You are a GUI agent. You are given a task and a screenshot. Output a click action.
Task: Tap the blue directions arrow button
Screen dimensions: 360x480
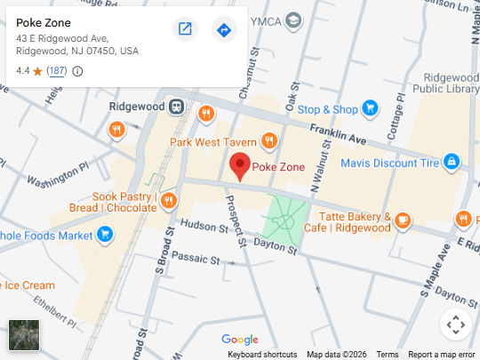click(x=224, y=29)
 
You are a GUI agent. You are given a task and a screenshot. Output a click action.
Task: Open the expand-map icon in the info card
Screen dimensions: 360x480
click(x=185, y=29)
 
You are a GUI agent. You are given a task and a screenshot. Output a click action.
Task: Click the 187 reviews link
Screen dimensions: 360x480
click(x=57, y=71)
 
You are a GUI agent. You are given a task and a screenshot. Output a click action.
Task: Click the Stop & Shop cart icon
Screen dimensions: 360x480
click(x=370, y=109)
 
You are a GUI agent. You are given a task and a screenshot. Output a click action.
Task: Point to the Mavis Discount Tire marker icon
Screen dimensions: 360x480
click(x=452, y=162)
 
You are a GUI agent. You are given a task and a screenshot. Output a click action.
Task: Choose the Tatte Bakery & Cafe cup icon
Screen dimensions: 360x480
click(x=403, y=220)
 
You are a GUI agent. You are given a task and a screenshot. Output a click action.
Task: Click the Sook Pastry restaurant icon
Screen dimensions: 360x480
click(x=168, y=200)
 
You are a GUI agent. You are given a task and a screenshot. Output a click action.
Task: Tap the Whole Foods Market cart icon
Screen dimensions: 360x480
click(x=105, y=235)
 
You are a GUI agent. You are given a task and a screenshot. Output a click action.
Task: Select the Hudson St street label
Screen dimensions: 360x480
click(x=201, y=227)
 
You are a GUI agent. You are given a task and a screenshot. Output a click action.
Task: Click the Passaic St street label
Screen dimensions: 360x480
click(x=196, y=259)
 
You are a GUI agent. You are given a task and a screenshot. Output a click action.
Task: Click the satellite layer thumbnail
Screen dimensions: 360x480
click(x=24, y=335)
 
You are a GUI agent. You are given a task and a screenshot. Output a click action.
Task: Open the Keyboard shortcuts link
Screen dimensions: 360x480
click(x=262, y=354)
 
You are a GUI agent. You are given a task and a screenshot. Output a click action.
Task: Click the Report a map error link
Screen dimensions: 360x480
click(x=442, y=354)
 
